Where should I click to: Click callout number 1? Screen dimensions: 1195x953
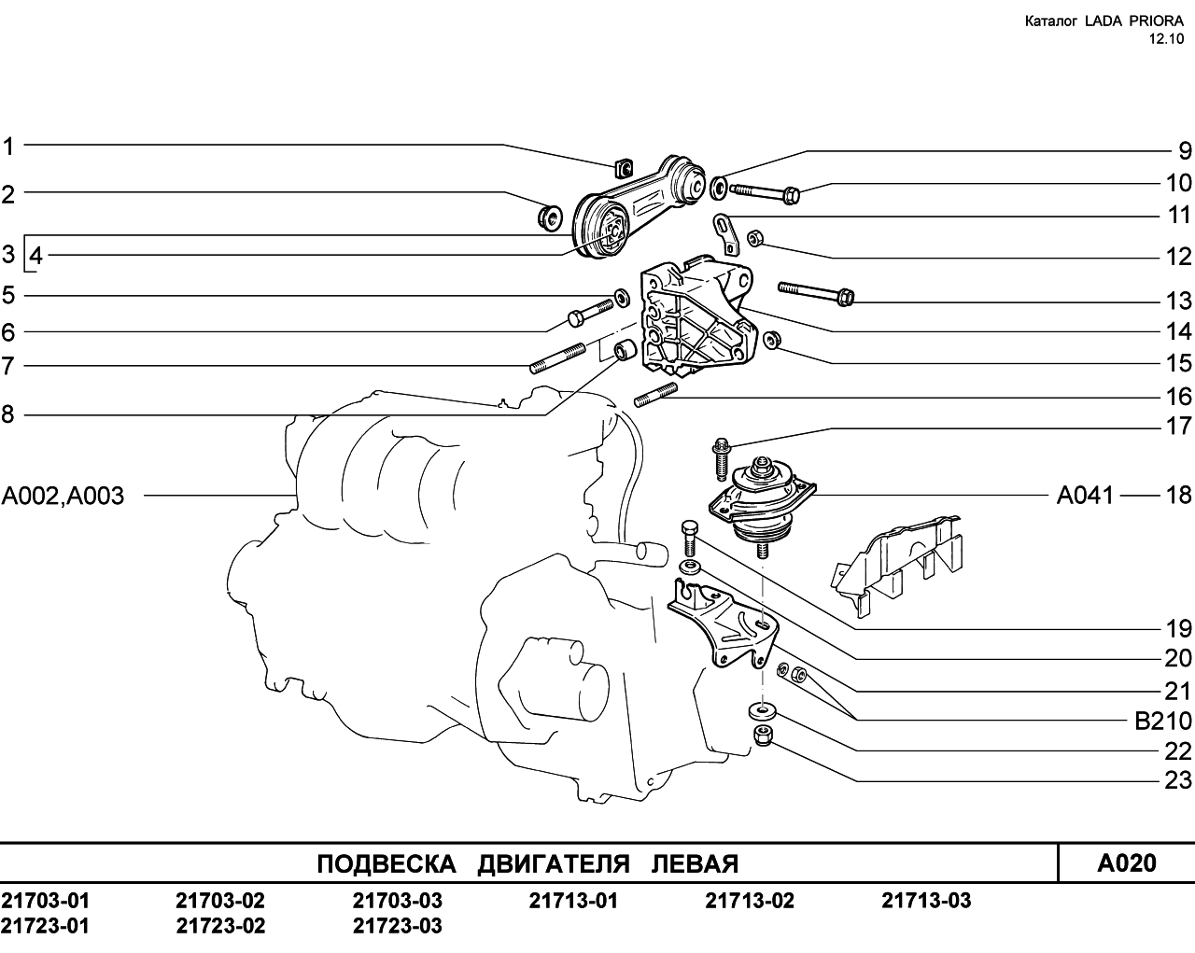[7, 147]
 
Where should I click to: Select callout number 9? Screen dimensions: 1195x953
[1185, 151]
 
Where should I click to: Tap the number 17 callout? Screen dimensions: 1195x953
[1178, 426]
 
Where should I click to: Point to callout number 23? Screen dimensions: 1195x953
[1178, 780]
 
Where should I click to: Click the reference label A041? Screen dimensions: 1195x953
[1085, 496]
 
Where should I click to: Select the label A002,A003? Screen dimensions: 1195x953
[63, 496]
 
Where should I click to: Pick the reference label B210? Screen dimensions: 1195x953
[1163, 722]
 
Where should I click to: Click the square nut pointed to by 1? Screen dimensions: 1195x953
[625, 168]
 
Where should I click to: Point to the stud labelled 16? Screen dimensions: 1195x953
[655, 395]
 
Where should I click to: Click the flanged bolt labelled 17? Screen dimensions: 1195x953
[721, 459]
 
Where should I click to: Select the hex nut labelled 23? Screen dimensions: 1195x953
[764, 736]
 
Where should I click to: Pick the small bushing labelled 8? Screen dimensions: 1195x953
[624, 350]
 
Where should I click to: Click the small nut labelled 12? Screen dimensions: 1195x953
[754, 239]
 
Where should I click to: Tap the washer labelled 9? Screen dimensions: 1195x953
[719, 188]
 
